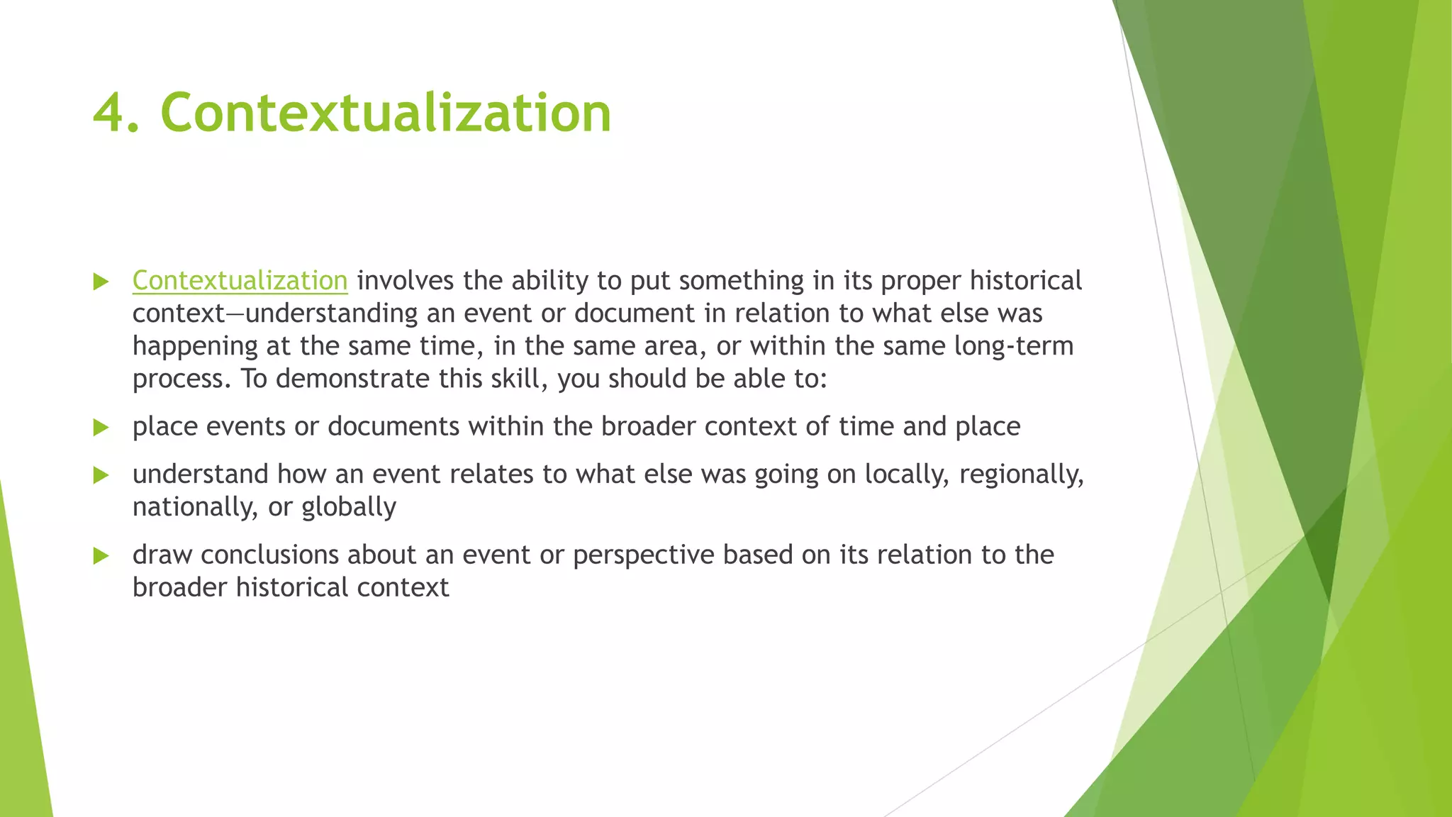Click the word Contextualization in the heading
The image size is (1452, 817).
pyautogui.click(x=386, y=113)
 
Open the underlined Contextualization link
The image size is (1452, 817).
pyautogui.click(x=240, y=281)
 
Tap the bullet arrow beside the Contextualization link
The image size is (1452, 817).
pyautogui.click(x=101, y=282)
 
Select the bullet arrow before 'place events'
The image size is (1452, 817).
pyautogui.click(x=101, y=427)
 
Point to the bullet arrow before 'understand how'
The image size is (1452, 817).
pyautogui.click(x=101, y=474)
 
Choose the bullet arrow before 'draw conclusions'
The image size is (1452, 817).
pyautogui.click(x=101, y=555)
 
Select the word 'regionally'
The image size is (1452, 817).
pyautogui.click(x=1021, y=474)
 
